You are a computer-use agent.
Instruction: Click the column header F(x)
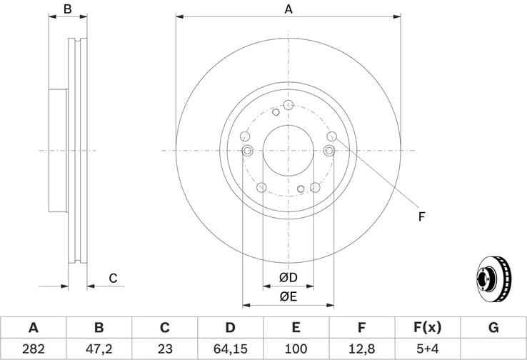(x=427, y=328)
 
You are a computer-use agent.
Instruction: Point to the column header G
(x=493, y=328)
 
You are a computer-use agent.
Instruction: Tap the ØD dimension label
(x=288, y=277)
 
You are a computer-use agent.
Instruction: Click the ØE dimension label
(x=288, y=295)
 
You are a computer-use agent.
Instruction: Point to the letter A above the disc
(x=288, y=9)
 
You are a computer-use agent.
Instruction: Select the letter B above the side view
(x=68, y=9)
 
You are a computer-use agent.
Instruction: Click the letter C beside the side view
(x=112, y=279)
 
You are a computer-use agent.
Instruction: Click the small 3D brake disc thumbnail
(x=493, y=278)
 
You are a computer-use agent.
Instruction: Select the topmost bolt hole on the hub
(x=288, y=106)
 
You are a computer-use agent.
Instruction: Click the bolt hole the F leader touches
(x=331, y=136)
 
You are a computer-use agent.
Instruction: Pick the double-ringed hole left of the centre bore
(x=248, y=150)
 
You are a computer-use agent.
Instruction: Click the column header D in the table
(x=230, y=328)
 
